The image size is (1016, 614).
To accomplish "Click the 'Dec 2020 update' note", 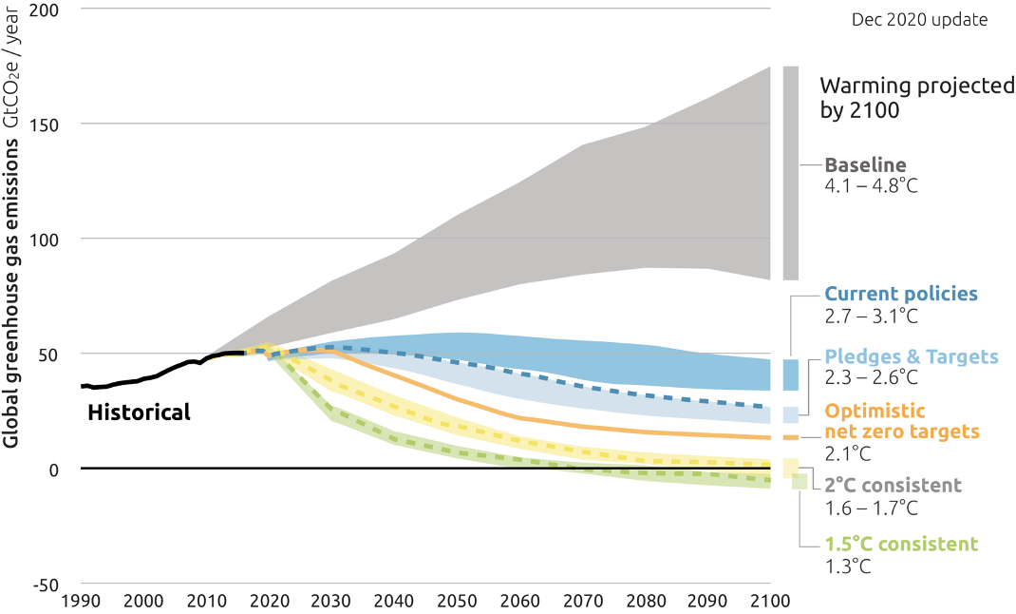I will pos(919,19).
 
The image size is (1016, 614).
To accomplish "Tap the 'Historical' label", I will pos(139,413).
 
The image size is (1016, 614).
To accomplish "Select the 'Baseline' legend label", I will pos(865,163).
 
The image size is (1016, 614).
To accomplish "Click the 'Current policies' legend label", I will pos(900,294).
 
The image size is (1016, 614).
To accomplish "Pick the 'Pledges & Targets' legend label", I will pos(912,356).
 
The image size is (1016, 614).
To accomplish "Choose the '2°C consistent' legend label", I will pos(893,486).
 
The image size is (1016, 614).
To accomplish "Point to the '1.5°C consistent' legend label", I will pos(900,545).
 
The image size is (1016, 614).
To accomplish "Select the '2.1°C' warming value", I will pos(848,452).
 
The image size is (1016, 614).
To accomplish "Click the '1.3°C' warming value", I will pos(848,566).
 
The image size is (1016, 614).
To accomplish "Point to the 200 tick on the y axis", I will pos(56,10).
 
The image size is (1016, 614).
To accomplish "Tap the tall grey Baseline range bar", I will pos(790,173).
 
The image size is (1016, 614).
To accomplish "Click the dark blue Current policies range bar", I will pos(790,374).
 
